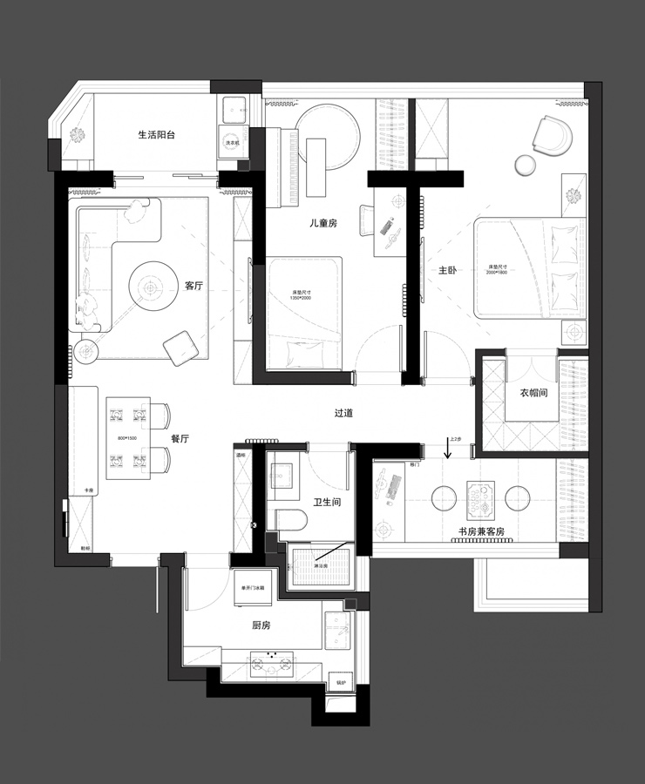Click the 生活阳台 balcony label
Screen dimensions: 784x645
coord(157,135)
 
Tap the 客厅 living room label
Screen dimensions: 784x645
coord(193,286)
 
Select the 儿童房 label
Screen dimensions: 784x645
coord(322,224)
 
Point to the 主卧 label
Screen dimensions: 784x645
coord(448,271)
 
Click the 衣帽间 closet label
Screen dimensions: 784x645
coord(533,393)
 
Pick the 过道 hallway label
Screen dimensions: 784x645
coord(343,414)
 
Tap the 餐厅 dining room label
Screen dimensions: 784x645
coord(180,439)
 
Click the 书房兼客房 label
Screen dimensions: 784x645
coord(481,531)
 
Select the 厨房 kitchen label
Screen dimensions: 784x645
coord(261,625)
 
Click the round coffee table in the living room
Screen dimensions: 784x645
coord(152,286)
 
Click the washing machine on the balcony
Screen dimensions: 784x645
coord(233,142)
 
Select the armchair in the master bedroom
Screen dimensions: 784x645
coord(553,135)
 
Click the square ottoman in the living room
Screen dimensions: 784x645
coord(180,347)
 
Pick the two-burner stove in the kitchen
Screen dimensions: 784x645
coord(271,665)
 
